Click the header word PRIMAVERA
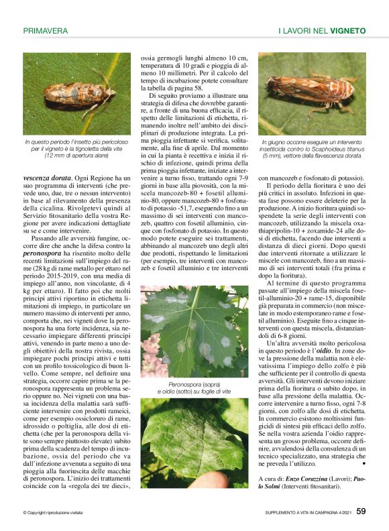coord(46,31)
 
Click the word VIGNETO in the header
coord(347,31)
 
